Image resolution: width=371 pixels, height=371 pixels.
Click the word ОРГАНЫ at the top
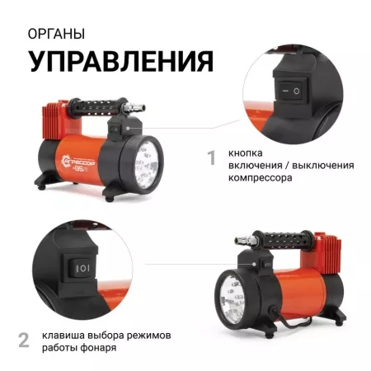pyautogui.click(x=55, y=35)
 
